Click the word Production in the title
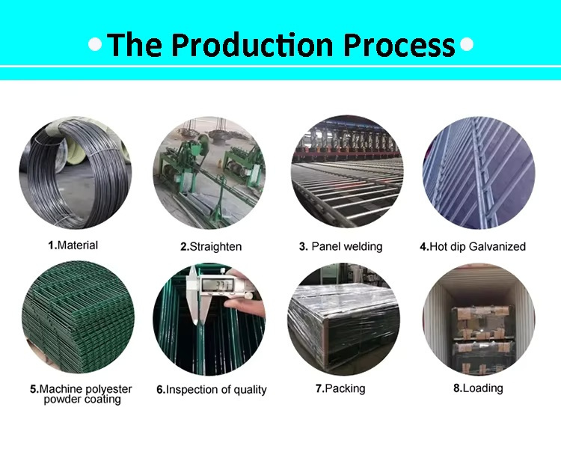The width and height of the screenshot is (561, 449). [254, 45]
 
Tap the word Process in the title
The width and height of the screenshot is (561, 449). [399, 45]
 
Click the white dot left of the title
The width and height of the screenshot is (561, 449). [95, 44]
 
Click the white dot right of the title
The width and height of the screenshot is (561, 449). [467, 44]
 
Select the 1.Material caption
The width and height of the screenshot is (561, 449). [73, 245]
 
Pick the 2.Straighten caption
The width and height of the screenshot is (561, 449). [211, 247]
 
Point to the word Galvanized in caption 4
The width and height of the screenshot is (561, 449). [497, 246]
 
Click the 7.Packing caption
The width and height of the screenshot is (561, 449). [340, 388]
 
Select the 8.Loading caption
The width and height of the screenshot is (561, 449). [479, 388]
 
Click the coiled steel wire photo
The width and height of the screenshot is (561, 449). [76, 173]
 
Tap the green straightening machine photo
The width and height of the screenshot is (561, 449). [209, 173]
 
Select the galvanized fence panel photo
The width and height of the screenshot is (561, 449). [479, 173]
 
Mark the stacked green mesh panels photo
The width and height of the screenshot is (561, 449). [78, 317]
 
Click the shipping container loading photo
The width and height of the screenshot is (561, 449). [479, 319]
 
